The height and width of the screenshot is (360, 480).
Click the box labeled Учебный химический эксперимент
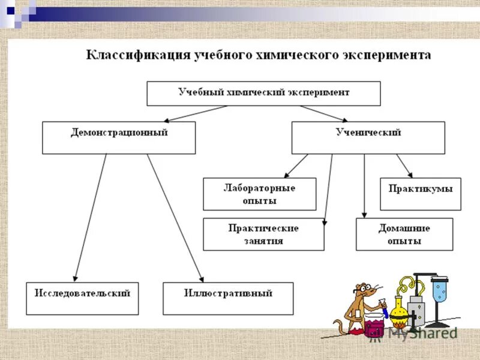point(263,94)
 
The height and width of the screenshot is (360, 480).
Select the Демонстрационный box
point(118,137)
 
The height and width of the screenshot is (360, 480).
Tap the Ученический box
point(368,137)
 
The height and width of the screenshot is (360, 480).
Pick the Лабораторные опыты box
point(259,194)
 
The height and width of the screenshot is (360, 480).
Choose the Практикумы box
point(420,193)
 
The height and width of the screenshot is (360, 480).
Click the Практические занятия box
point(263,234)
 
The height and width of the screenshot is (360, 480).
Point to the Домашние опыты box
point(403,234)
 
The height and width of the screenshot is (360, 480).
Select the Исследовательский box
point(82,298)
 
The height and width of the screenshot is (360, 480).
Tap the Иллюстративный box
point(228,298)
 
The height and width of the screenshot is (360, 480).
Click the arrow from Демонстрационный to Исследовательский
point(90,216)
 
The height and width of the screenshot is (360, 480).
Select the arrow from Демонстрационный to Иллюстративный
point(175,216)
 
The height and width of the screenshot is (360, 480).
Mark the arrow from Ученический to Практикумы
point(404,165)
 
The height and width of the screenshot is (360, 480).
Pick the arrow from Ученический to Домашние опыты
point(364,186)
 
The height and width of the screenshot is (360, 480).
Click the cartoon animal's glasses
point(362,289)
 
